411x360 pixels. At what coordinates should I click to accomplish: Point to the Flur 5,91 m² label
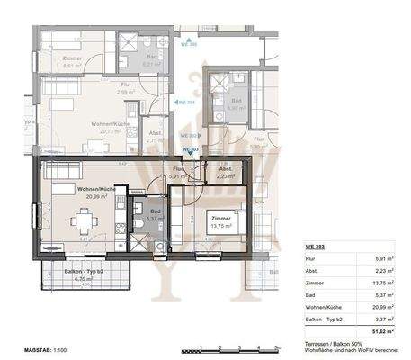tap(178, 173)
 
